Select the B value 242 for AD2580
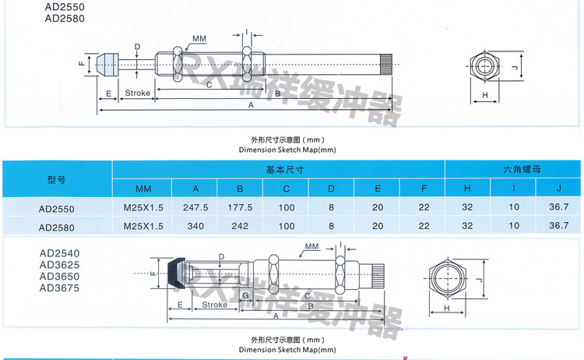coord(240,226)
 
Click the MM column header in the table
coord(143,189)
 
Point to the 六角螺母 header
coord(512,169)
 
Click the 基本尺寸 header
coord(278,169)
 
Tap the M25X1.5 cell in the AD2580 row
coord(143,226)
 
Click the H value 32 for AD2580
coord(467,226)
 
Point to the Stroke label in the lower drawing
coord(214,305)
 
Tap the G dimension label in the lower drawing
coord(245,297)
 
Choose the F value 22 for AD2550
coord(423,209)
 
